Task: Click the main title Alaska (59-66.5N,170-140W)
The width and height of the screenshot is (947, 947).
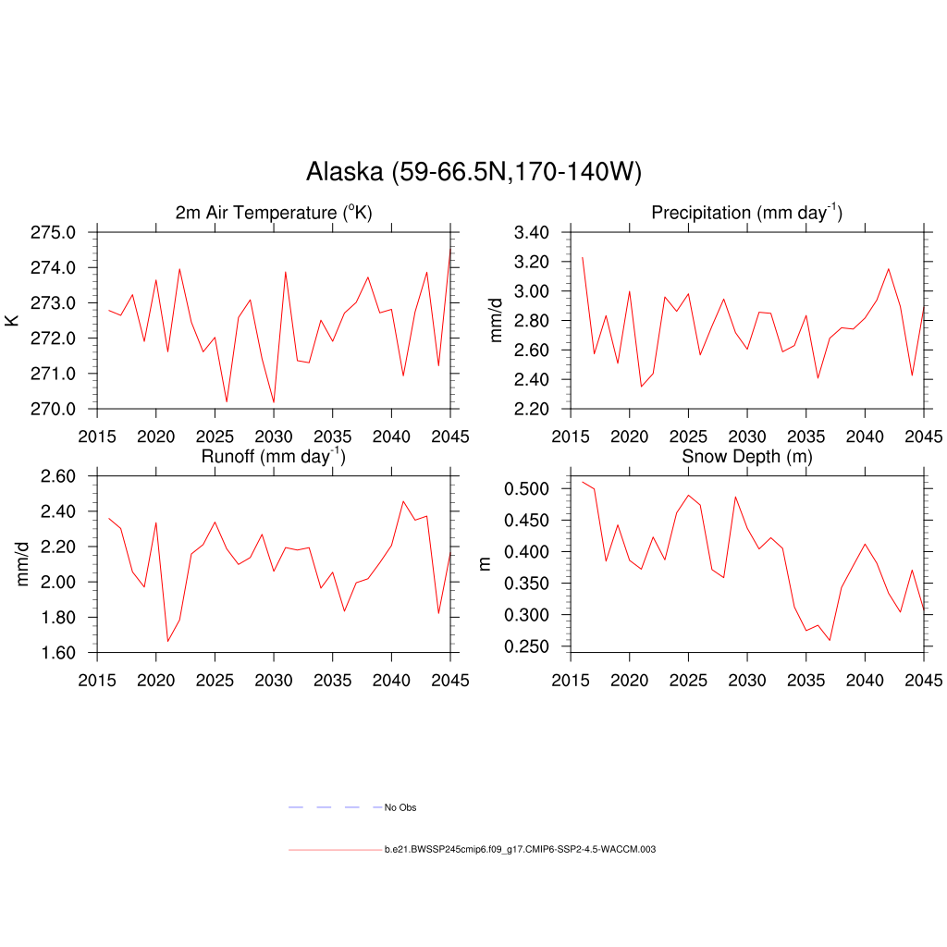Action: click(473, 172)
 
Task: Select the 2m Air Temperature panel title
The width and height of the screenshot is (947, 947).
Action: click(274, 214)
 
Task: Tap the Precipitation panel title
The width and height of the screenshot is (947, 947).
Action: click(746, 213)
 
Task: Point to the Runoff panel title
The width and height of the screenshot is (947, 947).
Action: click(274, 456)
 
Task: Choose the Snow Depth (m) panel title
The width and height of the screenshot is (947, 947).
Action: click(746, 457)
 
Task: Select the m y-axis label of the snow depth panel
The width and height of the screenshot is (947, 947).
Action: click(485, 564)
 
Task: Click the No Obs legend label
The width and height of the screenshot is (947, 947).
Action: click(400, 808)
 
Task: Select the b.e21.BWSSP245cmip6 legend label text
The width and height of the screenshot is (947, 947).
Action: click(520, 849)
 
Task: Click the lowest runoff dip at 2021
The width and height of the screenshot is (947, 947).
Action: click(167, 642)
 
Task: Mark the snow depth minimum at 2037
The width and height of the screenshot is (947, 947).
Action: click(830, 640)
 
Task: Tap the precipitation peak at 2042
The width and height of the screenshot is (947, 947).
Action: click(889, 269)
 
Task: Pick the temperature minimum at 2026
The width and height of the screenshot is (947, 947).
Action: click(227, 401)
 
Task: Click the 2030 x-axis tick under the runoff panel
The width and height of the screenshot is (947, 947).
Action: click(273, 681)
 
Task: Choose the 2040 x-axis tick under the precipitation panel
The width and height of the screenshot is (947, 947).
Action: click(865, 437)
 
